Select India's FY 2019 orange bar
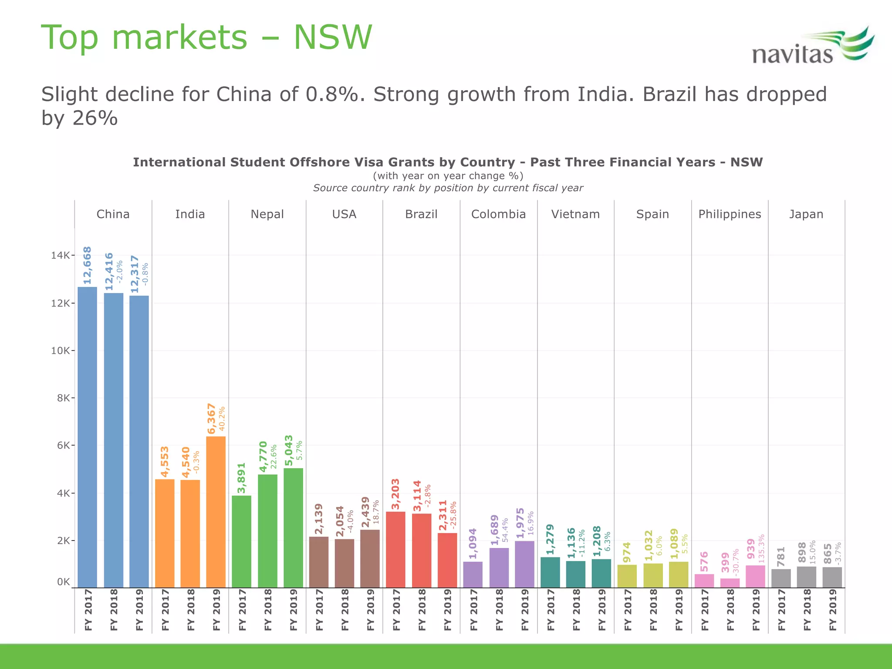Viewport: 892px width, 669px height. (x=216, y=512)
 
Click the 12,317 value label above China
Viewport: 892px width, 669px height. (x=135, y=274)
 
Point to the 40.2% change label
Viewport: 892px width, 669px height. (x=222, y=419)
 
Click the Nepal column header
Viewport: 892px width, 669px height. (x=267, y=214)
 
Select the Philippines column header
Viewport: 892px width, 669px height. (x=730, y=214)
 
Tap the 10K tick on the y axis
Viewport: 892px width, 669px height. (x=61, y=351)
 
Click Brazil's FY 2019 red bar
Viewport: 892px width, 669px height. (x=447, y=560)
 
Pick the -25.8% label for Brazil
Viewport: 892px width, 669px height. (x=453, y=516)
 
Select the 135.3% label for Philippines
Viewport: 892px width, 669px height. (x=761, y=549)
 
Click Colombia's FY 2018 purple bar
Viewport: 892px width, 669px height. (x=499, y=568)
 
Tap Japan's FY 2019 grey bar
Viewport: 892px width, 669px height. (x=832, y=577)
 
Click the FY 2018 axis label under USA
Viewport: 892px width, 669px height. (x=345, y=610)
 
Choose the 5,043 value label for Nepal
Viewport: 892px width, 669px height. (x=289, y=450)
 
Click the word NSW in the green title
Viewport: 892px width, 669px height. (x=333, y=37)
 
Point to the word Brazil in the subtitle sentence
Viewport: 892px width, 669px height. (x=669, y=95)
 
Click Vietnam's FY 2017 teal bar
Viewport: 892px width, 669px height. (x=550, y=572)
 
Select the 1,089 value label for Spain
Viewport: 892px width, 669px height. (x=674, y=544)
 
